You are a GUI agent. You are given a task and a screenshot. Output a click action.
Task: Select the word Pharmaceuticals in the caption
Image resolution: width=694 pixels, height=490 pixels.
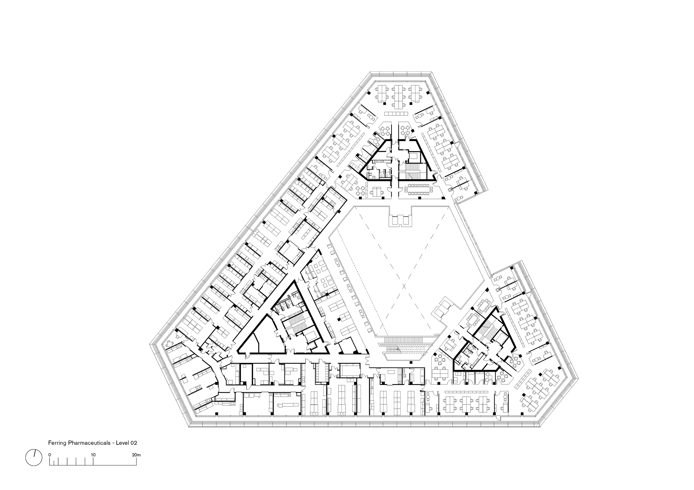tap(89, 443)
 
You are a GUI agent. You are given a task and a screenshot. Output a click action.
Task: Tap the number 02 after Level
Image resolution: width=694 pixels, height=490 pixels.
tap(134, 443)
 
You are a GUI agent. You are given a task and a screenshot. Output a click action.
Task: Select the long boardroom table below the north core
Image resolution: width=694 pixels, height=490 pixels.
tap(419, 189)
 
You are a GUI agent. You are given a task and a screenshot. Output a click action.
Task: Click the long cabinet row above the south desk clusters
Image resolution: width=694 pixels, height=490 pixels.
tap(467, 392)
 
